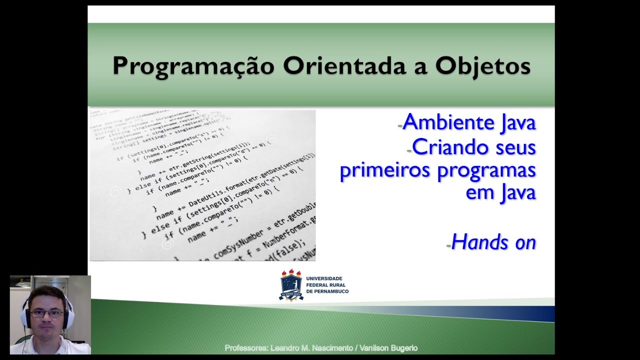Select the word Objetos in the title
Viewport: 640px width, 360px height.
point(482,66)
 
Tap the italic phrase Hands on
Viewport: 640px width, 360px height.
point(493,242)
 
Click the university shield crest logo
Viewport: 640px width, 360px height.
point(291,285)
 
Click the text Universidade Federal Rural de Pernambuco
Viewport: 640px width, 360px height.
point(327,284)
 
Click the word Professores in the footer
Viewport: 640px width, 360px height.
point(247,348)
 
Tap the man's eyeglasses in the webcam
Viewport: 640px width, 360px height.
point(47,313)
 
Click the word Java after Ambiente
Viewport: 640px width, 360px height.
point(518,122)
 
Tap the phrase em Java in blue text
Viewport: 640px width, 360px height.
point(500,192)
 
